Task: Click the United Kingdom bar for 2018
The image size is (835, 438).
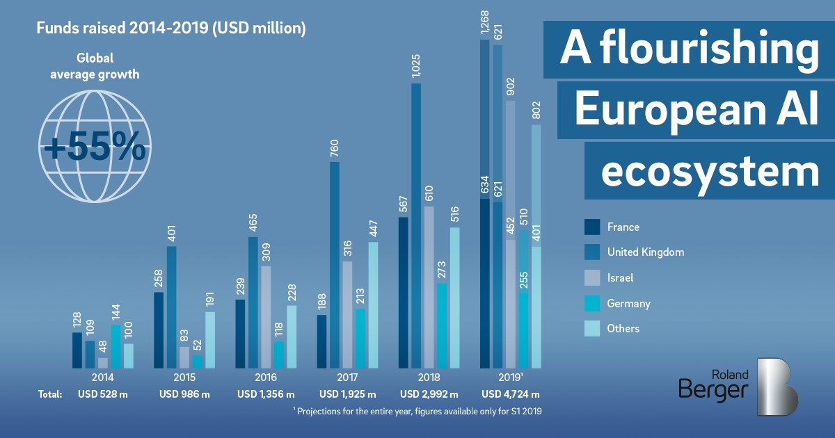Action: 416,225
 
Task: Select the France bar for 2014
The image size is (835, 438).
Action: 77,350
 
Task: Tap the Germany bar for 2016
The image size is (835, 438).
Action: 278,354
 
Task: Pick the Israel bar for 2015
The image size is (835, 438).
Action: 184,357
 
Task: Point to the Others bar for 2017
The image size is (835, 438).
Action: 374,305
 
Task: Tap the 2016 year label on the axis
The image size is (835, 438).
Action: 266,378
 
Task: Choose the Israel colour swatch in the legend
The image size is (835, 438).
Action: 592,277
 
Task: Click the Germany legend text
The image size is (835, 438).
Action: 628,303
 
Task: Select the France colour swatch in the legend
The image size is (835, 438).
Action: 592,227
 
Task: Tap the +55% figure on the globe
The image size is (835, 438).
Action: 94,147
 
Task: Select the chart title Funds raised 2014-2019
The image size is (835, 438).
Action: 170,29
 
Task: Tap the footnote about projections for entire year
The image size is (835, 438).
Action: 417,411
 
